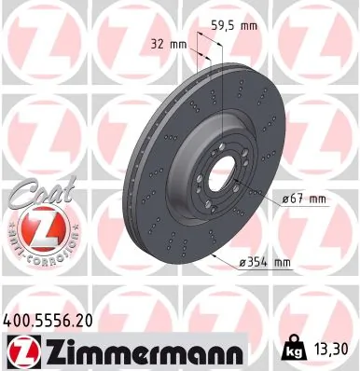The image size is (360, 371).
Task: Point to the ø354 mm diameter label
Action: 265,263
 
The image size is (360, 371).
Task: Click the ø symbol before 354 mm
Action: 242,263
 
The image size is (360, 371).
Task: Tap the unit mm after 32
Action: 180,43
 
